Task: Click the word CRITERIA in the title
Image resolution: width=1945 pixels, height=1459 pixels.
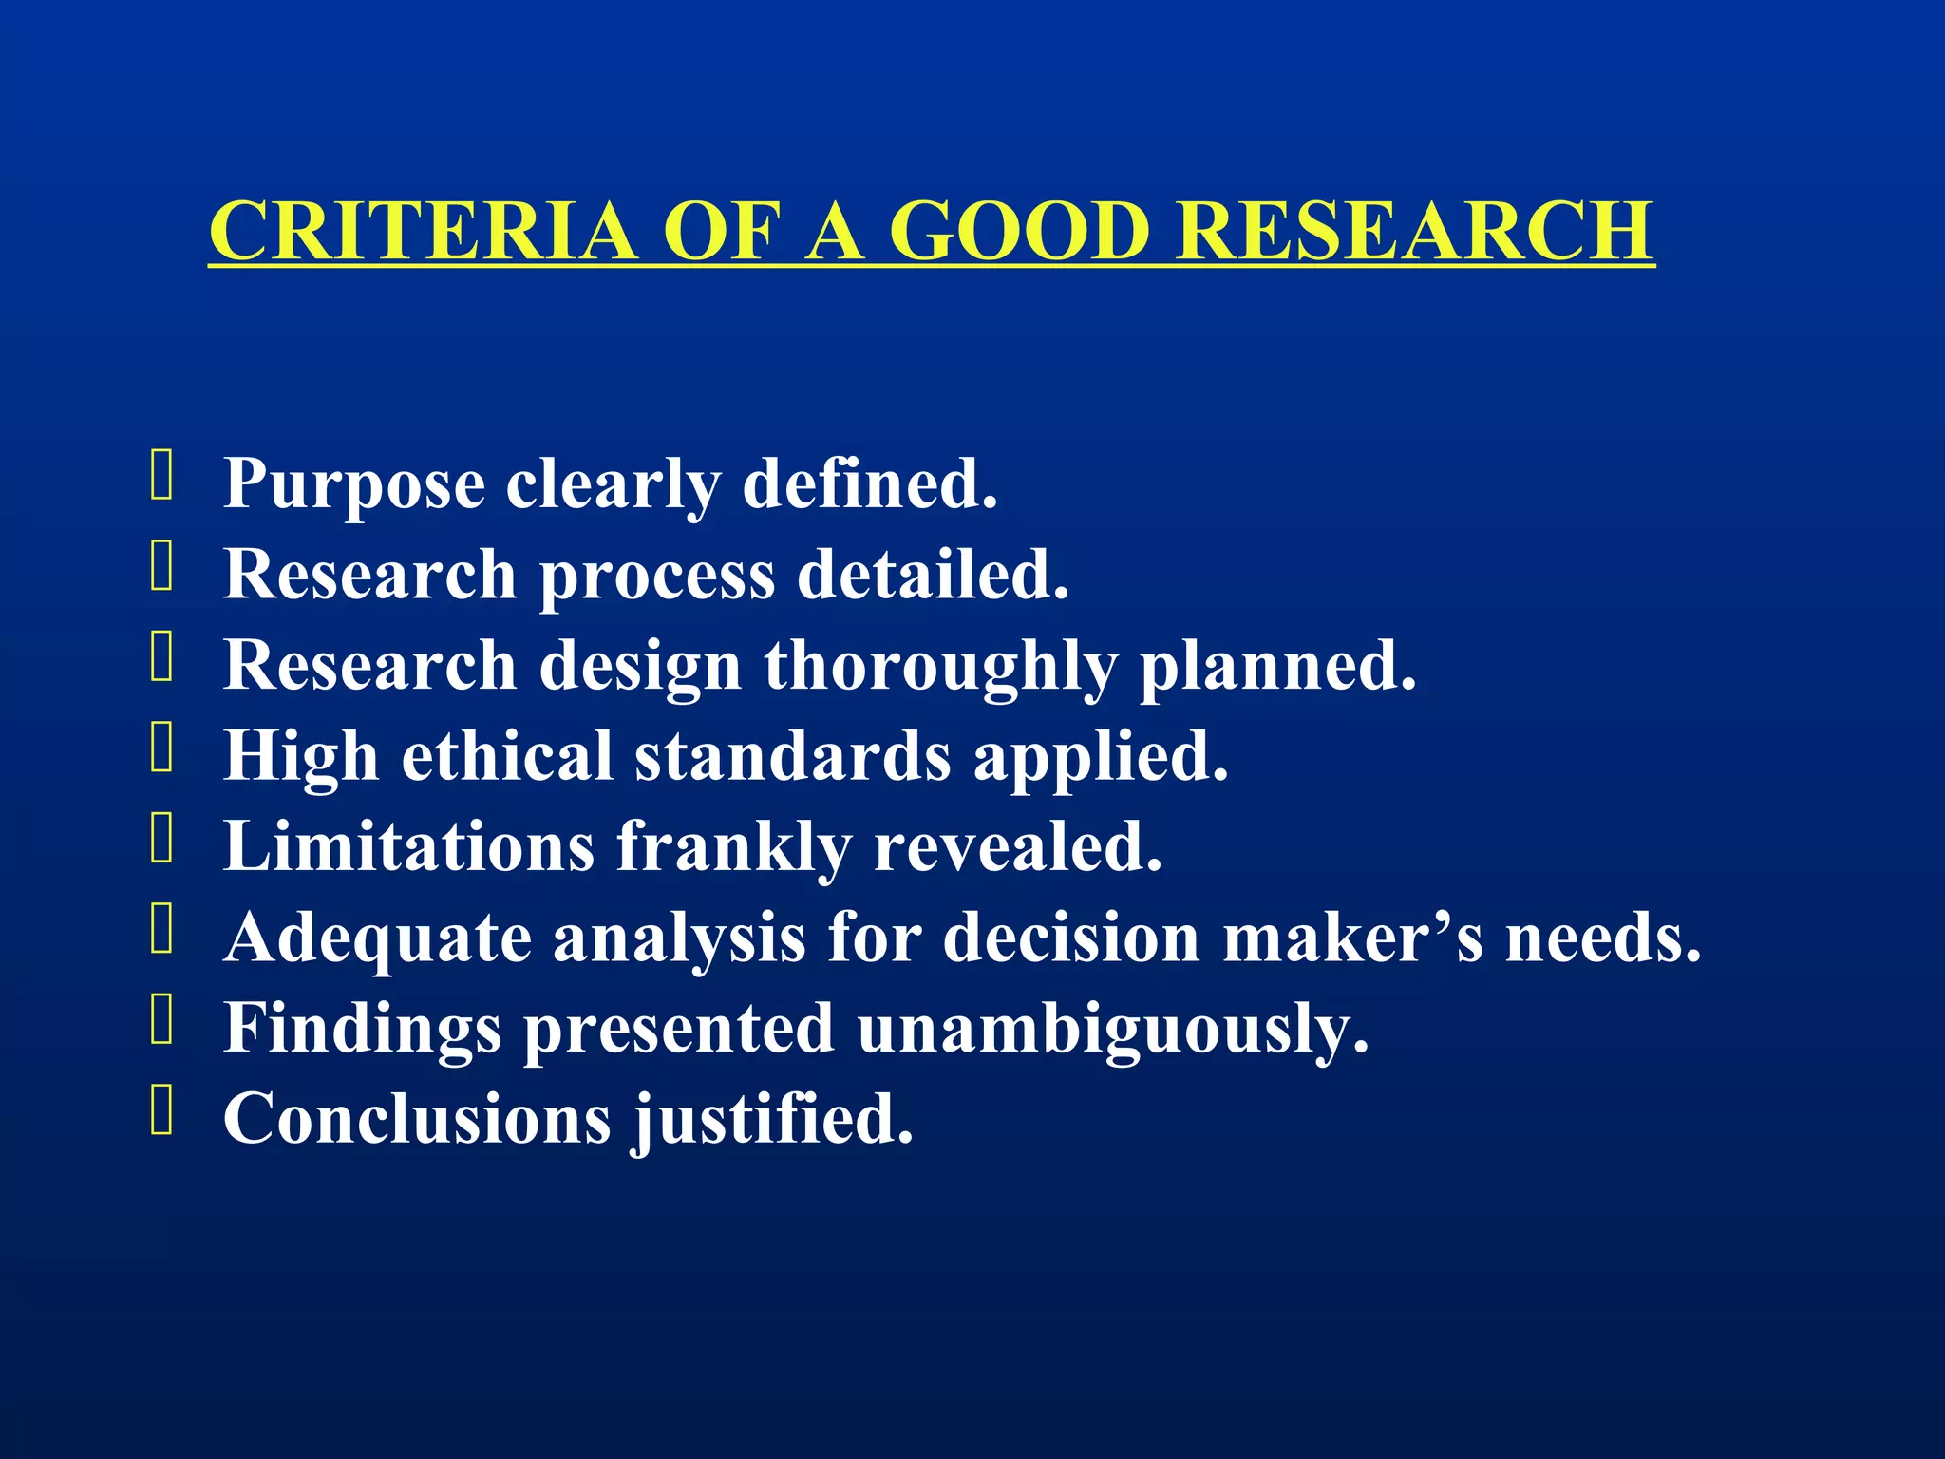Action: tap(423, 231)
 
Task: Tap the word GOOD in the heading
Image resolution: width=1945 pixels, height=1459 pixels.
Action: tap(1019, 231)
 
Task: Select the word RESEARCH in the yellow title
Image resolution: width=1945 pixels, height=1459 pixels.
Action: tap(1415, 231)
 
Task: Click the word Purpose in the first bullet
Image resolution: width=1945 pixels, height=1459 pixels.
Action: tap(354, 484)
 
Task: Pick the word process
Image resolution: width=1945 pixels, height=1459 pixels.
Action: tap(657, 576)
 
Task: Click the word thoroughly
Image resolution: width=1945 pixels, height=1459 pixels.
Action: tap(940, 666)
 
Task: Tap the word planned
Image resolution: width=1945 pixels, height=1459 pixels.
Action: tap(1277, 666)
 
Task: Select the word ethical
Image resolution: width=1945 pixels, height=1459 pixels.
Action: tap(507, 756)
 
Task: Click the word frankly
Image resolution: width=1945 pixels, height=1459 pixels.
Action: tap(734, 847)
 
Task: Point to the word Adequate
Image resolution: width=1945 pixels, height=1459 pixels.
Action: tap(377, 938)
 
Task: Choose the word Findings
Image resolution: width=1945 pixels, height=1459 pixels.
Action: tap(362, 1029)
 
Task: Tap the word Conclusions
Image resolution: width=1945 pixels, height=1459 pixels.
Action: tap(417, 1118)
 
